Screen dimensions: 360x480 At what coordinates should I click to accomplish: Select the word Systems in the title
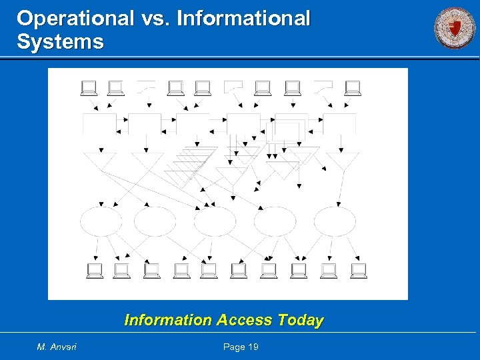[61, 42]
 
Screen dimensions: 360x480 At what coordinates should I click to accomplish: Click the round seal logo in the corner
[455, 28]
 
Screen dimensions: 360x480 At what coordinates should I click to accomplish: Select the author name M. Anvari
[57, 347]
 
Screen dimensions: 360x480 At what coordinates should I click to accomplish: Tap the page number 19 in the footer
[251, 347]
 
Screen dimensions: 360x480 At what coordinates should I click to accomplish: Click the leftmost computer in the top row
[88, 88]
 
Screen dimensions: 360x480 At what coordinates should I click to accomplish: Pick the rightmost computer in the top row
[352, 88]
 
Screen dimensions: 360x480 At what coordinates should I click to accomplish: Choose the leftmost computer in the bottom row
[94, 270]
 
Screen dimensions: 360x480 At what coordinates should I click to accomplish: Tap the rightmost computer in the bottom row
[359, 270]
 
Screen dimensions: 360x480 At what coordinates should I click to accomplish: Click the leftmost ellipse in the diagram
[101, 221]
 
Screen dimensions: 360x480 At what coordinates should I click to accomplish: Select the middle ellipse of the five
[215, 221]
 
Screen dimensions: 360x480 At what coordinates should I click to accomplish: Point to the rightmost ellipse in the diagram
[335, 221]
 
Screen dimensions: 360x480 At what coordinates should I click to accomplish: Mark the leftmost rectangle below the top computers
[99, 124]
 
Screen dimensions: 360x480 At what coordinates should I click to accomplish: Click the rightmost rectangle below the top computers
[339, 124]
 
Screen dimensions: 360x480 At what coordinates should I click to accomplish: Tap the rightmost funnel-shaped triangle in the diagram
[343, 161]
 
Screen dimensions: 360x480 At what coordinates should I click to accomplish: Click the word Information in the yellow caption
[167, 321]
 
